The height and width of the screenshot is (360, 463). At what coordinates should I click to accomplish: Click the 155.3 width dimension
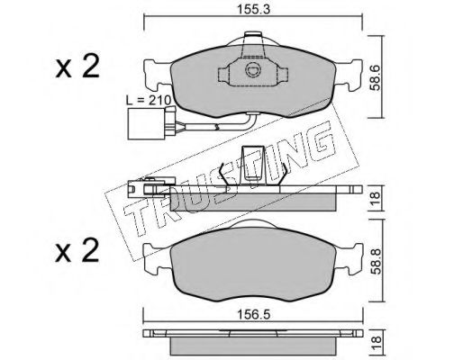254,10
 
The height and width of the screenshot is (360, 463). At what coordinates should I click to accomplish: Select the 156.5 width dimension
254,315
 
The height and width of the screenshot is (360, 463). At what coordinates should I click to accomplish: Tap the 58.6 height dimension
375,78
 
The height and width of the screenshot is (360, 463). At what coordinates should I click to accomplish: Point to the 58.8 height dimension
376,261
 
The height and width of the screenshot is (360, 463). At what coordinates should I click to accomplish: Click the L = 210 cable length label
149,100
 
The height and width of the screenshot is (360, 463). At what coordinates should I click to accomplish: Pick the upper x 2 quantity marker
77,67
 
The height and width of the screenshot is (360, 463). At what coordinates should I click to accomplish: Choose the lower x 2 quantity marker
77,250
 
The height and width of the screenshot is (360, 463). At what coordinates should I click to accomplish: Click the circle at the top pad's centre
251,70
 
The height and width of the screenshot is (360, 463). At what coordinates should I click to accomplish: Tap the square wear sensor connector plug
146,124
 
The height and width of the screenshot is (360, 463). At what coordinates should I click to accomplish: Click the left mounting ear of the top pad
158,76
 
